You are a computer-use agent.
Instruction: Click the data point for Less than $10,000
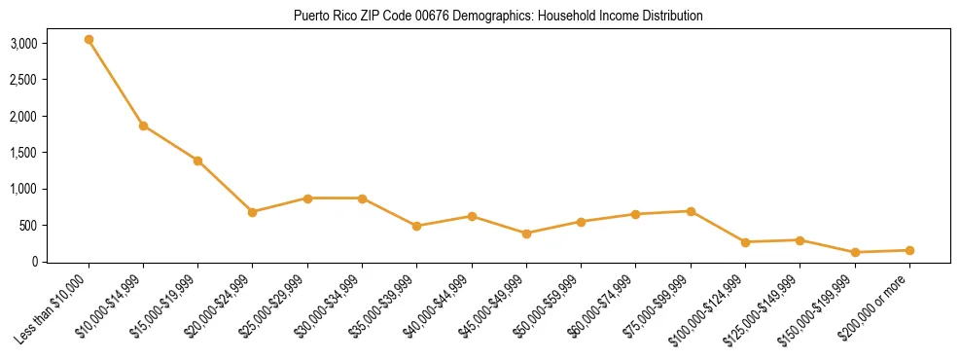pos(89,40)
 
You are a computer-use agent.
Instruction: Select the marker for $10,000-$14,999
pos(143,126)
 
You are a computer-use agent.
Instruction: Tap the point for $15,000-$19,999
pos(197,161)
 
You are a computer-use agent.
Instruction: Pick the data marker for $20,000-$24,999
pos(253,212)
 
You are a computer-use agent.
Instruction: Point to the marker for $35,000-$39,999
pos(417,226)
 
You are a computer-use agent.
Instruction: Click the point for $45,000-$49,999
pos(526,234)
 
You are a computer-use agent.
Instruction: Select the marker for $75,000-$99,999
pos(691,211)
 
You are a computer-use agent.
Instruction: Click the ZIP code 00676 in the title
pos(402,17)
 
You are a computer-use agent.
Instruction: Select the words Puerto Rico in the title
pos(321,17)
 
